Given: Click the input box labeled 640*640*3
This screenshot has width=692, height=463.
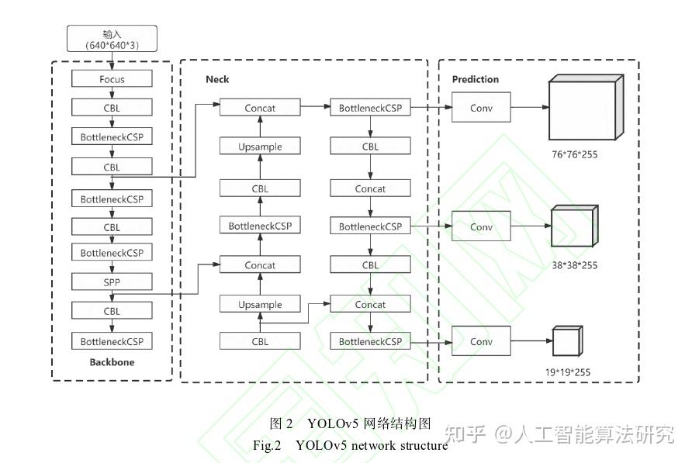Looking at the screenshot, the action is click(112, 39).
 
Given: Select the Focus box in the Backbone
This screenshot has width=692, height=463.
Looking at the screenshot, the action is click(112, 79).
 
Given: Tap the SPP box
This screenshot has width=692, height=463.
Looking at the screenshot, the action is click(112, 282).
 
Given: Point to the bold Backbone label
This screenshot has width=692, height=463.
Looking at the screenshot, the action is click(112, 362).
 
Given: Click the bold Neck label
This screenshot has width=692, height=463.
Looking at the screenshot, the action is click(217, 79).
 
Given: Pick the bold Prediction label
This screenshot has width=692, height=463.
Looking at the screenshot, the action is click(476, 79).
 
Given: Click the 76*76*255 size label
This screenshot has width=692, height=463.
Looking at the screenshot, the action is click(575, 154).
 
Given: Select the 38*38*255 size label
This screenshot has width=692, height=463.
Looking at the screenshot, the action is click(575, 265).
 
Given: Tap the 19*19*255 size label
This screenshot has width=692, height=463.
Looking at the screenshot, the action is click(568, 372).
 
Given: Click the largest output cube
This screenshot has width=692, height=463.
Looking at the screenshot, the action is click(586, 107).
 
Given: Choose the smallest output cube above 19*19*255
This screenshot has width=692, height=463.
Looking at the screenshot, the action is click(568, 340).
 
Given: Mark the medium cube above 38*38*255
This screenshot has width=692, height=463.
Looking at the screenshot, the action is click(574, 226).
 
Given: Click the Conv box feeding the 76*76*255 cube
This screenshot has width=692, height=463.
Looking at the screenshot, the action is click(481, 107).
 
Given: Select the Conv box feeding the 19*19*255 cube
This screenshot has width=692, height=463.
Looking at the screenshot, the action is click(481, 341).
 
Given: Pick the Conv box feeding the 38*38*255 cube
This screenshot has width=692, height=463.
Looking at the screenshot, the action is click(481, 226).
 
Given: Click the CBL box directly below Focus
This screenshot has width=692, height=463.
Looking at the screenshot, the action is click(112, 108).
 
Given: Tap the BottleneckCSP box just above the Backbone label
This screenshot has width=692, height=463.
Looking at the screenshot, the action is click(112, 341).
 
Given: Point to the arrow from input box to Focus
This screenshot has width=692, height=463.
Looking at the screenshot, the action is click(112, 61).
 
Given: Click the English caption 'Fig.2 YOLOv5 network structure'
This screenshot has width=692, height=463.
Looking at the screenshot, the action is click(350, 445).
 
